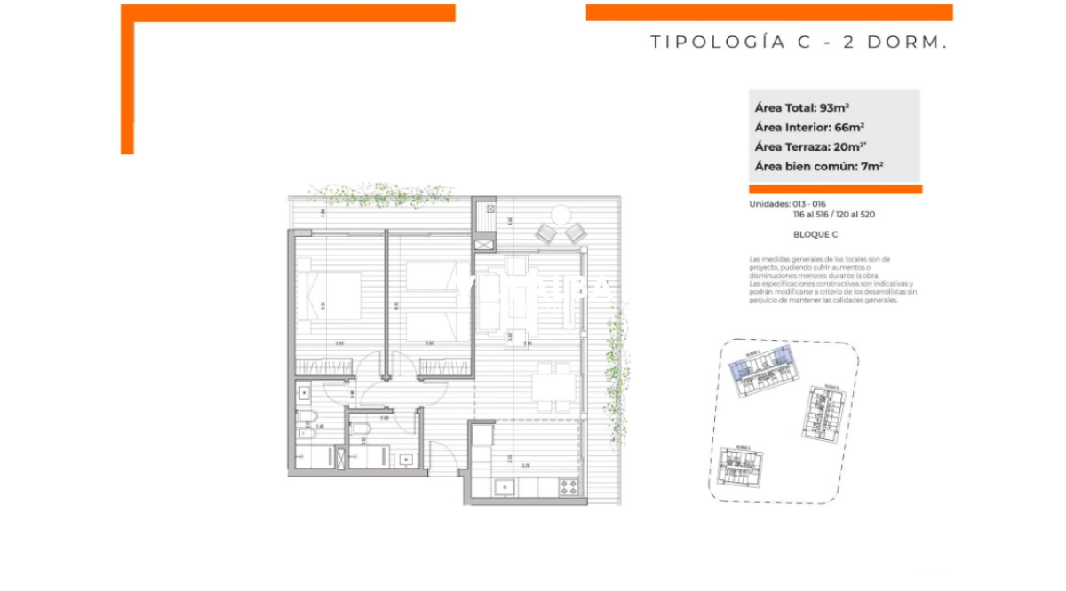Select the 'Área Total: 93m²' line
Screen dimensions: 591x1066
click(802, 107)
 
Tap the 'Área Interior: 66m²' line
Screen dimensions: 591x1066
click(809, 127)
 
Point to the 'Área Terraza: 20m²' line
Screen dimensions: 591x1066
click(808, 146)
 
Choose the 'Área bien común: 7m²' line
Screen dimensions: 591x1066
click(818, 166)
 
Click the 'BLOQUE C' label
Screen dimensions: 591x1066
click(815, 235)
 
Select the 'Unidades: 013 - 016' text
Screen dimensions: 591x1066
click(787, 204)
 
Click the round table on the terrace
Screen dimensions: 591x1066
click(561, 215)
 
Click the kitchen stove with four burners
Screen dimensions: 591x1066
click(567, 485)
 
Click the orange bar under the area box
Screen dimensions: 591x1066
click(835, 189)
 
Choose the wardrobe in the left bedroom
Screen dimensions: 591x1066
click(324, 366)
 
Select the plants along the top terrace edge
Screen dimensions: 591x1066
click(380, 193)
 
